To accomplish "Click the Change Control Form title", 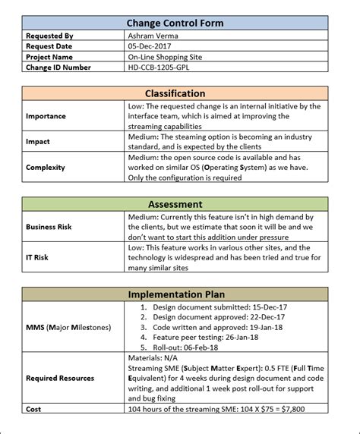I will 175,24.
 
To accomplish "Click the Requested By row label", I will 49,36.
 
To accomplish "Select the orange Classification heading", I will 175,93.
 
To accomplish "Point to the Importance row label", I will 46,117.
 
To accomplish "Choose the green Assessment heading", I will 175,204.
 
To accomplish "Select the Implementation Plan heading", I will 175,294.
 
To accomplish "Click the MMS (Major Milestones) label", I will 68,327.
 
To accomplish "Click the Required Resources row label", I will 60,378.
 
